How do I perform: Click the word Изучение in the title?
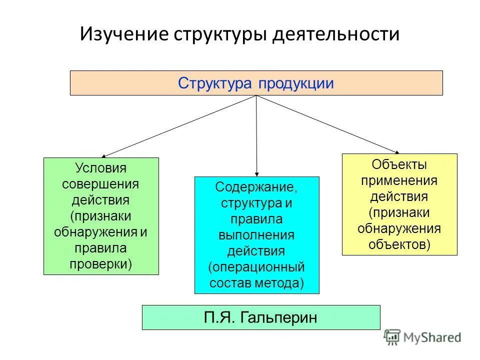tap(123, 34)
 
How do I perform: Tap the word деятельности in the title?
tap(336, 34)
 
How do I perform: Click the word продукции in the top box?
tap(296, 83)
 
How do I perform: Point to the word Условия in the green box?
tap(100, 168)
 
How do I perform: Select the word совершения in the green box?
tap(100, 184)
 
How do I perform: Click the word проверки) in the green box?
tap(100, 263)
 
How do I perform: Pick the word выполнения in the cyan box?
tap(256, 234)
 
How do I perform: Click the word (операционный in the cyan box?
tap(256, 266)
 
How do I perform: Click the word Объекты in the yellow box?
tap(399, 164)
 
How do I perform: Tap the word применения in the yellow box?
tap(399, 180)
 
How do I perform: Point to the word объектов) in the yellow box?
tap(399, 244)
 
